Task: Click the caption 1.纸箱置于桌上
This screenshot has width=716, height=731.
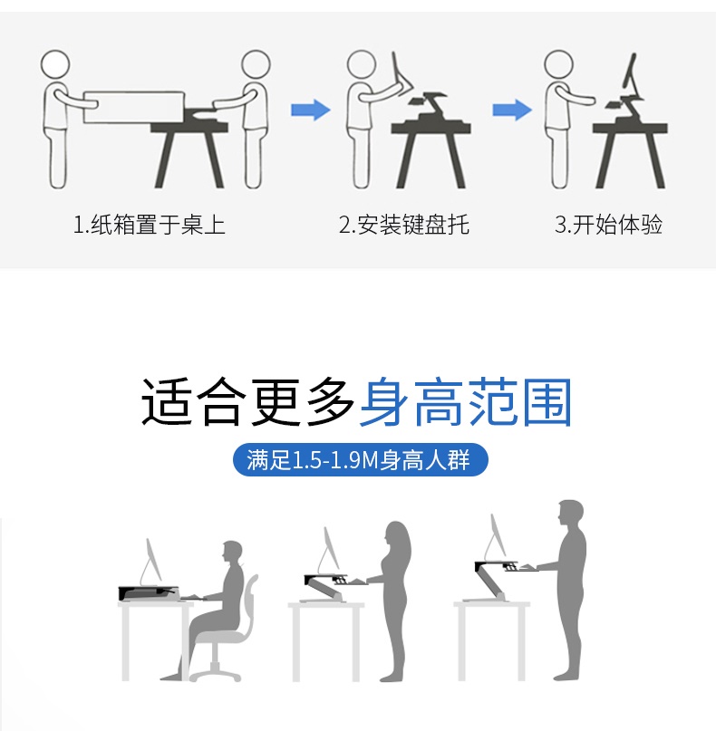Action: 150,225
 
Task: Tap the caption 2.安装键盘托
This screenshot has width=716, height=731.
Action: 404,225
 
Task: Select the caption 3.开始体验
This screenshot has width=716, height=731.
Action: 609,225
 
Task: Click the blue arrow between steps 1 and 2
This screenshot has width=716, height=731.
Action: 311,110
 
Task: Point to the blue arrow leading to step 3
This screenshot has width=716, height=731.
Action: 512,110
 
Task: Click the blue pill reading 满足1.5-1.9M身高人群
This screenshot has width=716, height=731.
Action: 360,460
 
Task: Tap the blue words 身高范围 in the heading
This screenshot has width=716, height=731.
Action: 466,402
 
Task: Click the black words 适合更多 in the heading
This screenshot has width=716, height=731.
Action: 248,402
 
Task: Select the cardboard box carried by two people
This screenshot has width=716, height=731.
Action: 134,107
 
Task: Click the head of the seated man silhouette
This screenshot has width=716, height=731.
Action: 232,552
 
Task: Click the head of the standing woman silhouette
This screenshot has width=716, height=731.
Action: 397,537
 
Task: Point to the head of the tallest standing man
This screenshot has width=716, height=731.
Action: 571,514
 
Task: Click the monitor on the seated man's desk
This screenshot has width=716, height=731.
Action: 153,561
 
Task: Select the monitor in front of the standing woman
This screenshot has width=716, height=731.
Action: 329,550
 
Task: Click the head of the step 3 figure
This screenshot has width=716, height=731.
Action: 559,65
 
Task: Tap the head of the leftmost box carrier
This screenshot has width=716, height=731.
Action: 55,64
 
